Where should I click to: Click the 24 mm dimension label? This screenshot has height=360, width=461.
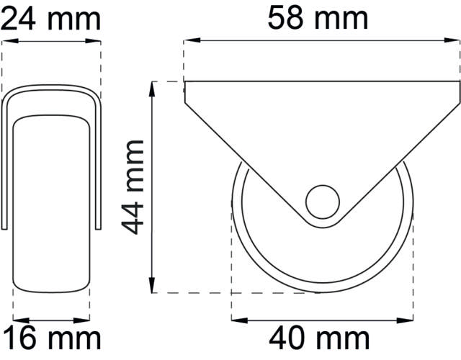50,17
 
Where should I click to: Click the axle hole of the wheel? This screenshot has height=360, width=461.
322,201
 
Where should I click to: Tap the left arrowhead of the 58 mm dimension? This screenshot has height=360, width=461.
189,41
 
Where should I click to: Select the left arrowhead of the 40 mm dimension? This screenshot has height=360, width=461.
236,318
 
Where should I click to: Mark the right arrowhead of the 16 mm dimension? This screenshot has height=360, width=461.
85,318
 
